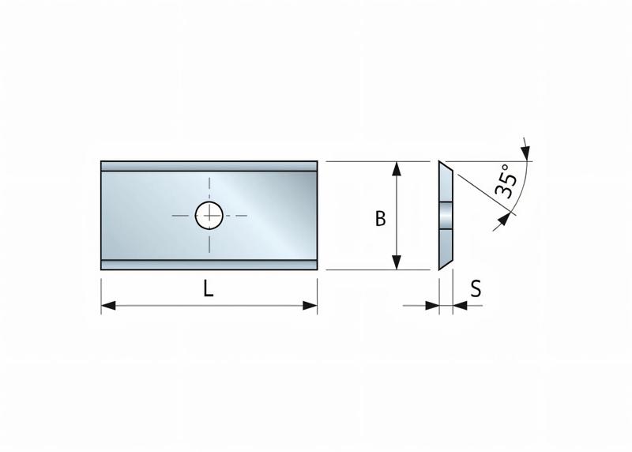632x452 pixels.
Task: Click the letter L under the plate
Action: click(x=208, y=288)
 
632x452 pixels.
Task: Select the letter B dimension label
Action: click(x=380, y=219)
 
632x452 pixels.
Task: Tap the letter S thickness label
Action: click(x=476, y=288)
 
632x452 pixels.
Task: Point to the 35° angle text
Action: click(x=506, y=182)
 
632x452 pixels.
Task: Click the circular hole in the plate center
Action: click(x=209, y=214)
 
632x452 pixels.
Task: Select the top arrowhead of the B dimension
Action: click(x=397, y=168)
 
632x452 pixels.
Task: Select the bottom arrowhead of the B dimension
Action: click(x=397, y=262)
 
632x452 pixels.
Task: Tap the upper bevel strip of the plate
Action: click(x=209, y=166)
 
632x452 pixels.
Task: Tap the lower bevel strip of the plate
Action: click(x=209, y=264)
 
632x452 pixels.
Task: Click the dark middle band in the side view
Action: click(x=446, y=215)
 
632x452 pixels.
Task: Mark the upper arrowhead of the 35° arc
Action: click(x=526, y=151)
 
